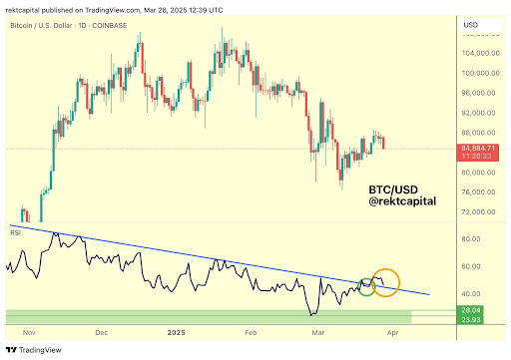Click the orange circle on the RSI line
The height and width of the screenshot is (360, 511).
point(385,282)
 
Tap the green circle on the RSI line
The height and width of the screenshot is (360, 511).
point(366,286)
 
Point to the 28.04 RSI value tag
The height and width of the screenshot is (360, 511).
point(470,310)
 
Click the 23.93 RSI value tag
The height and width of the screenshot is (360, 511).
point(470,319)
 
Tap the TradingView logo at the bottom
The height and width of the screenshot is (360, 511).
point(34,350)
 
